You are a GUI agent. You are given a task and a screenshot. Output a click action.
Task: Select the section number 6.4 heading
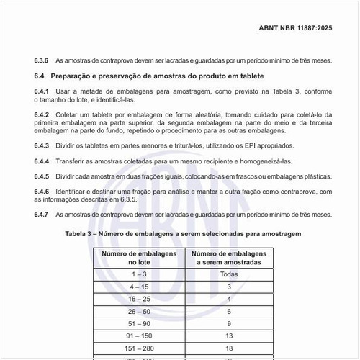pyautogui.click(x=39, y=76)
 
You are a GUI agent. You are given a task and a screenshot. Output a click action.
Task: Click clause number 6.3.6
pyautogui.click(x=42, y=60)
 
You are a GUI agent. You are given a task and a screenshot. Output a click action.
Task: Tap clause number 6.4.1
pyautogui.click(x=42, y=92)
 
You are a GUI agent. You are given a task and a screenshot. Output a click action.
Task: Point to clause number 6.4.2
pyautogui.click(x=42, y=115)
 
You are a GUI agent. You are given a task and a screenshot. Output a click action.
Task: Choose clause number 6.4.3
pyautogui.click(x=42, y=145)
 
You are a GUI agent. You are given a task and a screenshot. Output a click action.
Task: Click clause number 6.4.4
pyautogui.click(x=42, y=161)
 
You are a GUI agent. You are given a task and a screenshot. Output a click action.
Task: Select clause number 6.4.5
pyautogui.click(x=42, y=176)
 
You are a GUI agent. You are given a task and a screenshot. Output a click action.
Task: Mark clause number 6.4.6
pyautogui.click(x=42, y=192)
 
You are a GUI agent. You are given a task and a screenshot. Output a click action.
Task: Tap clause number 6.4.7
pyautogui.click(x=42, y=215)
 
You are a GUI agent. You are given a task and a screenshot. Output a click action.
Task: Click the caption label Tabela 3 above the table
pyautogui.click(x=81, y=234)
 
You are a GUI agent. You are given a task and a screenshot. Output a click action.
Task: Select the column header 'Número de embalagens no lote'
pyautogui.click(x=139, y=258)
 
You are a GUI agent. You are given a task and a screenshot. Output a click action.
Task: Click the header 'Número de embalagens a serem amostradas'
pyautogui.click(x=229, y=258)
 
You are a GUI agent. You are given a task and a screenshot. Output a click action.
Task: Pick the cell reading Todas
pyautogui.click(x=229, y=275)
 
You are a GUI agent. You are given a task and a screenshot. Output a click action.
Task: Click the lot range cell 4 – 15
pyautogui.click(x=139, y=287)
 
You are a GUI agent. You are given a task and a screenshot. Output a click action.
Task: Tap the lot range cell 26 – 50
pyautogui.click(x=139, y=311)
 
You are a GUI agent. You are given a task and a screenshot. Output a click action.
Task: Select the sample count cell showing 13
pyautogui.click(x=229, y=336)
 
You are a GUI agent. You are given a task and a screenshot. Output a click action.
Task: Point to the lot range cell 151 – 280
pyautogui.click(x=139, y=348)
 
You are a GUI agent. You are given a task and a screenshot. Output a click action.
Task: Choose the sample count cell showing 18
pyautogui.click(x=229, y=348)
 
